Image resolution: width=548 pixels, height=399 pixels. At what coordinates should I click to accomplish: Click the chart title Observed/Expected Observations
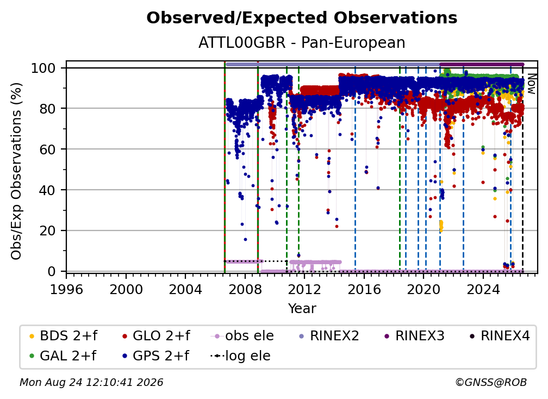point(302,18)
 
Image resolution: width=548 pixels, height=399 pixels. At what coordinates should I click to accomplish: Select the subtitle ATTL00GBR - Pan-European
point(302,43)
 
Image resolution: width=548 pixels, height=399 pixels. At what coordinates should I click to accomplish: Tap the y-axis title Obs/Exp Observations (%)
point(16,171)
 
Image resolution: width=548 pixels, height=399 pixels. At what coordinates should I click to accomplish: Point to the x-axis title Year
point(302,309)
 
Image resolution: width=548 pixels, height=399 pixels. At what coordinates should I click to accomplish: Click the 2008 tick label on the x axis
point(245,290)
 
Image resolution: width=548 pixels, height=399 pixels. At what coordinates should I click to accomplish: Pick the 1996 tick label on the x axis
point(66,290)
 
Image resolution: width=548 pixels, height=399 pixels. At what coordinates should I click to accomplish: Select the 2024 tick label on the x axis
point(483,290)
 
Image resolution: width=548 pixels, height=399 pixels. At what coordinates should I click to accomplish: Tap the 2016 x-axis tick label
point(364,290)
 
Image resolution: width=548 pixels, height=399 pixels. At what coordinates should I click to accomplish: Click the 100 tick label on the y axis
point(43,68)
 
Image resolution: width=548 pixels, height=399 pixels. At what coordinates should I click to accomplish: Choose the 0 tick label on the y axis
point(51,271)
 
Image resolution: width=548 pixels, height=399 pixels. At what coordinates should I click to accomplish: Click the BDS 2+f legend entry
point(63,336)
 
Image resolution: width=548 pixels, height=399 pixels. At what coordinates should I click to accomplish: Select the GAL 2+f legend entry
point(62,356)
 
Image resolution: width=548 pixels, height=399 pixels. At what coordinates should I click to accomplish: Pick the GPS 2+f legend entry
point(155,356)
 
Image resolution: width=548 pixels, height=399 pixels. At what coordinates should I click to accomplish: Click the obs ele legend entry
point(242,336)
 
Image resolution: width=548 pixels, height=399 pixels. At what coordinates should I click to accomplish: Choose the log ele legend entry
point(240,356)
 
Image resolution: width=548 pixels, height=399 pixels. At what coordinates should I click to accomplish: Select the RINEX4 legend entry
point(500,336)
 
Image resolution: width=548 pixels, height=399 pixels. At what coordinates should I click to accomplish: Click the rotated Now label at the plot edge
point(531,84)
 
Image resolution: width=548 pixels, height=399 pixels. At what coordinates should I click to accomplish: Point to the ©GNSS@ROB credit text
point(491,383)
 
